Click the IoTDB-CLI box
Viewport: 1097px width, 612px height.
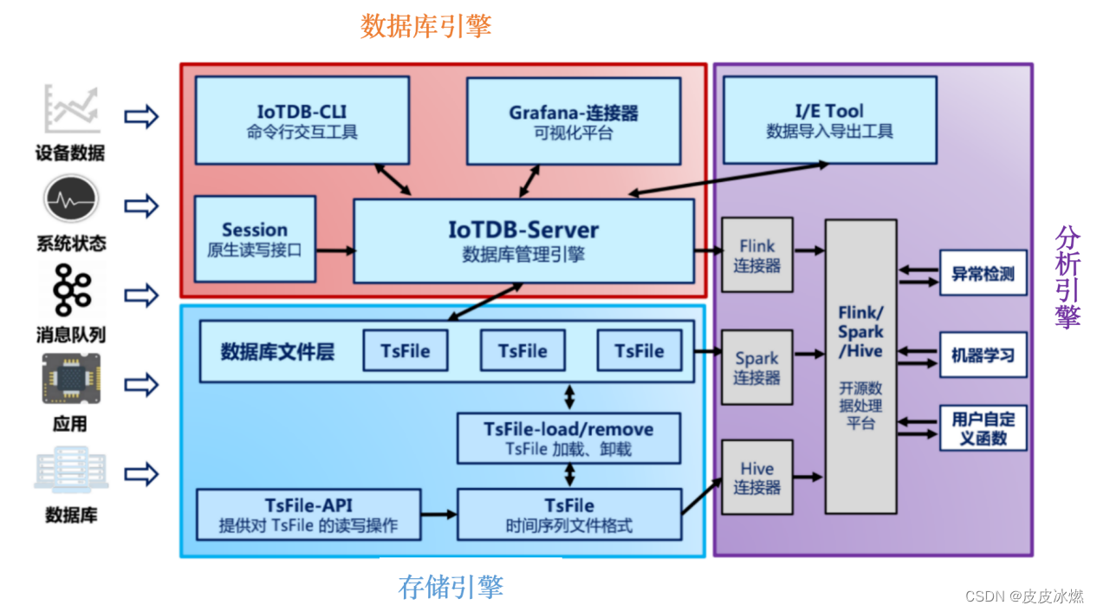click(302, 120)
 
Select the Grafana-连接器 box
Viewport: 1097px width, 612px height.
click(573, 120)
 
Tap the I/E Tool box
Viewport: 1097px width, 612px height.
click(829, 120)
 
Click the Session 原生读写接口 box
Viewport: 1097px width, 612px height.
click(255, 238)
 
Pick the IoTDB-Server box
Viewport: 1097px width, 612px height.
click(523, 240)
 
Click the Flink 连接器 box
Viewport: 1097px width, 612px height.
click(756, 255)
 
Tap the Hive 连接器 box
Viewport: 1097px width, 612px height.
click(756, 478)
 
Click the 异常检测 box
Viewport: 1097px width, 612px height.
click(983, 274)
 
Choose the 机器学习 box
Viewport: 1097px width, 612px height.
click(983, 355)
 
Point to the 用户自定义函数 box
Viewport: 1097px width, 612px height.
click(983, 428)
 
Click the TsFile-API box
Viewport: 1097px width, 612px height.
click(308, 515)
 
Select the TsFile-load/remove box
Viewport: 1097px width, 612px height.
click(568, 438)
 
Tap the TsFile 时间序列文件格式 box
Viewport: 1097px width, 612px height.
click(568, 515)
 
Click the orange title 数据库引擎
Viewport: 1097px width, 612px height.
click(425, 26)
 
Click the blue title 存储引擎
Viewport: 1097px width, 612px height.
click(451, 587)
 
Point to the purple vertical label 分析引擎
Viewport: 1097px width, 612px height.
click(1068, 277)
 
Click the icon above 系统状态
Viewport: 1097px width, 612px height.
click(68, 199)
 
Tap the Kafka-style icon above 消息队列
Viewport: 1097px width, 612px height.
click(68, 290)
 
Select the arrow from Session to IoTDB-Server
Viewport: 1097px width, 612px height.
click(334, 251)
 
